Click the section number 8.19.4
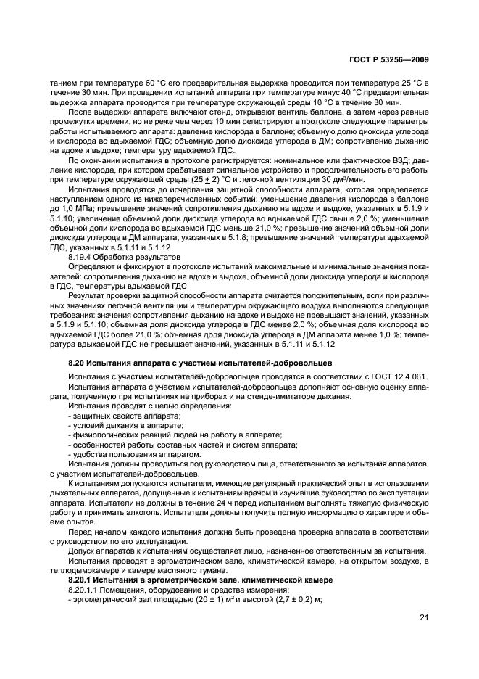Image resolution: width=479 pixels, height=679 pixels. pos(80,257)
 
